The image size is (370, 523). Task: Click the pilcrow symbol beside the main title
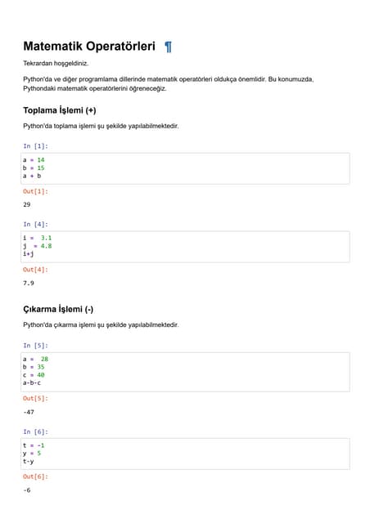[x=168, y=47]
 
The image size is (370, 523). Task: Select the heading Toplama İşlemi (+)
[x=60, y=110]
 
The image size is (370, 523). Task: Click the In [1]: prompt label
[x=35, y=145]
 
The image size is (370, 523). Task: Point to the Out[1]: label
[x=35, y=191]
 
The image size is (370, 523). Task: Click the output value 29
[x=27, y=204]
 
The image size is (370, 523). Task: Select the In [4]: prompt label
[x=35, y=224]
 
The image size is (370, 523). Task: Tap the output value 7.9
[x=29, y=283]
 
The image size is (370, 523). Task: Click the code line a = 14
[x=34, y=159]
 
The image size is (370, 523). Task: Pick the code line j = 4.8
[x=38, y=246]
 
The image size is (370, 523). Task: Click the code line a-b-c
[x=32, y=382]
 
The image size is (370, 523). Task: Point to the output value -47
[x=29, y=412]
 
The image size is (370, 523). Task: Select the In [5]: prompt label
[x=35, y=346]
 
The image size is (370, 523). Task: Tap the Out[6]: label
[x=35, y=476]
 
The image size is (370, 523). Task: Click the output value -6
[x=27, y=490]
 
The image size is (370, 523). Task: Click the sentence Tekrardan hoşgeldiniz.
[x=56, y=63]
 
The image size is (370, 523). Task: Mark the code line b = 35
[x=34, y=367]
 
